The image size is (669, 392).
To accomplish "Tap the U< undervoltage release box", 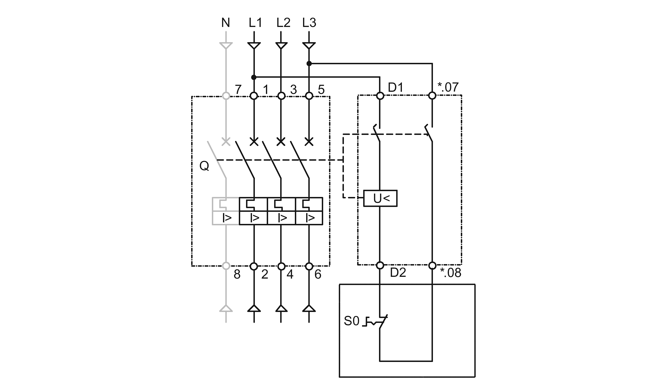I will point(380,199).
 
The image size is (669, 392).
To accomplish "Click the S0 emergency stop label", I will point(351,321).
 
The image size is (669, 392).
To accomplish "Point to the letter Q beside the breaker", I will point(204,166).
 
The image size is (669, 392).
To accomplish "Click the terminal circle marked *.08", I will point(432,265).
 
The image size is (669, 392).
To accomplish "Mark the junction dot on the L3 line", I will point(309,64).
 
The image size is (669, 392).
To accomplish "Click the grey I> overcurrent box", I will point(226,218).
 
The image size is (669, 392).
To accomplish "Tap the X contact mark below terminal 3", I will point(281,142).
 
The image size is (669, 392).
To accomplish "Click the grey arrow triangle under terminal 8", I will point(226,308).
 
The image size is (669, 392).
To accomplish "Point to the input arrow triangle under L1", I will point(254,45).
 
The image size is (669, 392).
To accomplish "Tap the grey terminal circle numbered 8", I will point(226,266).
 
